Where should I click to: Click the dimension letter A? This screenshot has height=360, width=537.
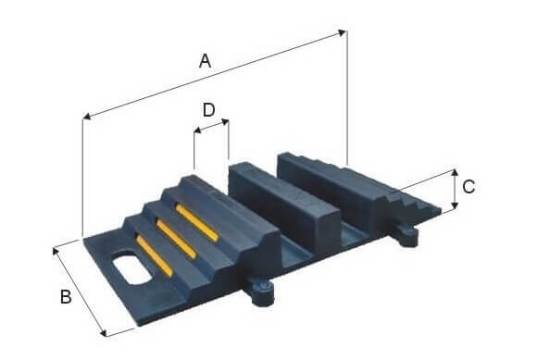point(205,61)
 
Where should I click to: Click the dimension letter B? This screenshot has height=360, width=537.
point(66,296)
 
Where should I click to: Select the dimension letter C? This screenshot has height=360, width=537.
point(468,187)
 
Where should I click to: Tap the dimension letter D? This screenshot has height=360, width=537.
point(208,110)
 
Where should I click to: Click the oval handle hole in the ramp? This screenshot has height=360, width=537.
point(131,268)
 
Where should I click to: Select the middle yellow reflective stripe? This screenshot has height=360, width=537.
point(176,239)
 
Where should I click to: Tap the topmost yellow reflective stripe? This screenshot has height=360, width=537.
point(197,222)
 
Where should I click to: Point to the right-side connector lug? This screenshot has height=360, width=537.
point(406,234)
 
